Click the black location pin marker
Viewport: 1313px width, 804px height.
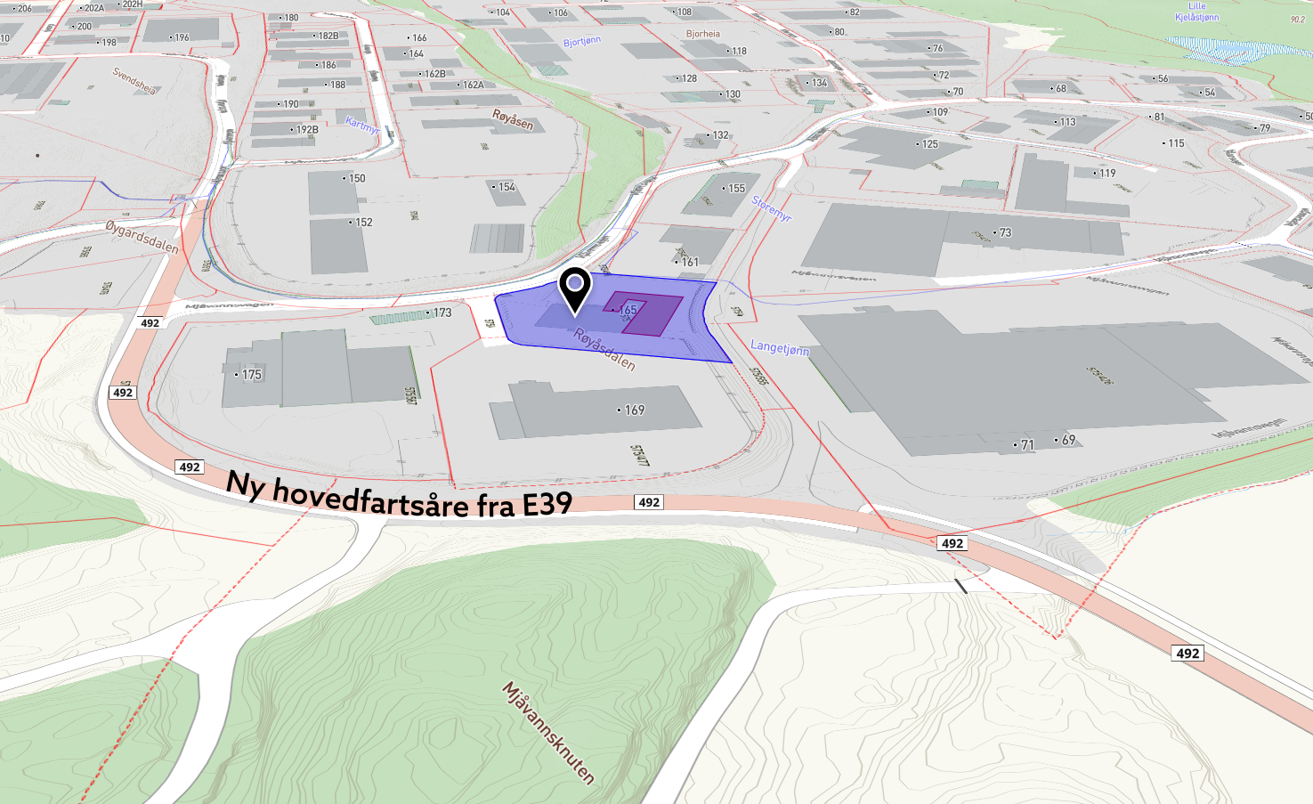575,287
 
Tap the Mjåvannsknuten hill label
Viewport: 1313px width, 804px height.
548,732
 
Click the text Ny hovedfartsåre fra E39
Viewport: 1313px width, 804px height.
399,496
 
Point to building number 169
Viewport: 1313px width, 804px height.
633,410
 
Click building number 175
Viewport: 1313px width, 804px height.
251,375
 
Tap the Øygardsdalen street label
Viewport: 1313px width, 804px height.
142,237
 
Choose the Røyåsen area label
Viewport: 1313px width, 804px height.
513,119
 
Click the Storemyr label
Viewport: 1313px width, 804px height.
771,208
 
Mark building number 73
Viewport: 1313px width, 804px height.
1004,233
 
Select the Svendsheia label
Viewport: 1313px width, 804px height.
134,81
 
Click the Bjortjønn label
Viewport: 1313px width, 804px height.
582,42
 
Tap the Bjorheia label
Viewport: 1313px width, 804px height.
702,34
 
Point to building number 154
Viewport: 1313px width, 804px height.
506,187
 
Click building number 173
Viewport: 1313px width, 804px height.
442,313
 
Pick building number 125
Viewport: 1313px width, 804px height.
928,144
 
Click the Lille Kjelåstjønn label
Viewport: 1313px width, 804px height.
1197,12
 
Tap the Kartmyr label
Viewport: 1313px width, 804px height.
362,125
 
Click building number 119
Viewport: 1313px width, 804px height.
1106,174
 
